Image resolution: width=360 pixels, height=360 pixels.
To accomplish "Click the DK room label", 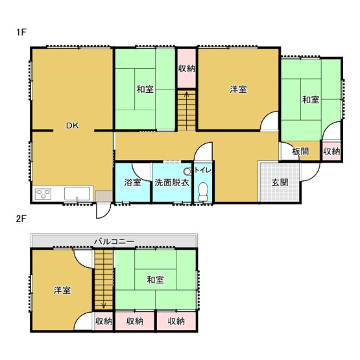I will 71,126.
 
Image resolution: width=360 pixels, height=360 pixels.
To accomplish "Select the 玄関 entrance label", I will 280,182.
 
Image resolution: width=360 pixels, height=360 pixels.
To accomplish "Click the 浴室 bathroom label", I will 132,182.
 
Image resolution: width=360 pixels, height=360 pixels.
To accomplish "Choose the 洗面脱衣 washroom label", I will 172,182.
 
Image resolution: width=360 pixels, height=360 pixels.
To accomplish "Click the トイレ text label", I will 203,170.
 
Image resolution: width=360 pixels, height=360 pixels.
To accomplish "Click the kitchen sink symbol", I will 77,193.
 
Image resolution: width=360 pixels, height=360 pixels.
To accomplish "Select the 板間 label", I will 300,152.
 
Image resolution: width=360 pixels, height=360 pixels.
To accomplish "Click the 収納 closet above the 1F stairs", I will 186,69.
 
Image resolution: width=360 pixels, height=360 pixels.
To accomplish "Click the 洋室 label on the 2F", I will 62,290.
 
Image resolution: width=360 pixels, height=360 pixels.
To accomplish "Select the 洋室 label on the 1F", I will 238,89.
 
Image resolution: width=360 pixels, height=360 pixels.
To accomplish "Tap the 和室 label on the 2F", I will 155,280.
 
